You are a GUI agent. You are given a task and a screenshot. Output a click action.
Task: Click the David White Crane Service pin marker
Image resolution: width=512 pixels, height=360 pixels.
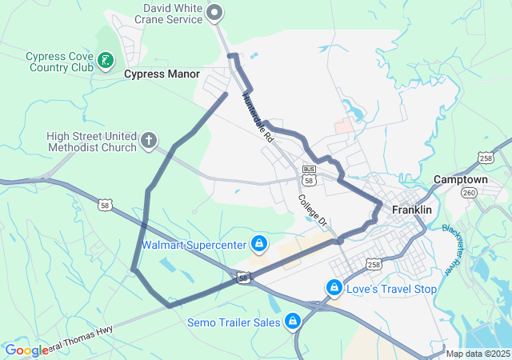pos(214,12)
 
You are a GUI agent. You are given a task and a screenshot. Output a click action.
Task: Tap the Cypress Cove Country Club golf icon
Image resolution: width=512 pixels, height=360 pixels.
pos(104,60)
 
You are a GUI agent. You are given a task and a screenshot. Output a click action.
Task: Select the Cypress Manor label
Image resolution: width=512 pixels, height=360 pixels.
pos(162,74)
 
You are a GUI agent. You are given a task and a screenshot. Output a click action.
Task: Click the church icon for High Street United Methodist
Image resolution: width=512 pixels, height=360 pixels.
pos(148,142)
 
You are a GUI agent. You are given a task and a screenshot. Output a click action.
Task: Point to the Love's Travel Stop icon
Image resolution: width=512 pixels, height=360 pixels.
pos(334,287)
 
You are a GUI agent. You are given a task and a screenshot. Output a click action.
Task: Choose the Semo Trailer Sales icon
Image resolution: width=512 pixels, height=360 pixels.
pos(292,322)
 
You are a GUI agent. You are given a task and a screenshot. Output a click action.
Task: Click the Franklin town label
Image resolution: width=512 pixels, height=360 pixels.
pos(412,210)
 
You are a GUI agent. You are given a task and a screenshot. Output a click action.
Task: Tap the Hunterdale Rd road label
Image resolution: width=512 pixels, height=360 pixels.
pos(258,117)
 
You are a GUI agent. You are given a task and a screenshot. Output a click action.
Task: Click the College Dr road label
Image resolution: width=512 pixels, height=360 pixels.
pos(314,210)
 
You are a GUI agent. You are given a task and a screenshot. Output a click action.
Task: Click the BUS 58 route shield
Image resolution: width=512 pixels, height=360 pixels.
pos(310,174)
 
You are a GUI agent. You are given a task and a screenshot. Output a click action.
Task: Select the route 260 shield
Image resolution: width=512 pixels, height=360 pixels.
pos(470,193)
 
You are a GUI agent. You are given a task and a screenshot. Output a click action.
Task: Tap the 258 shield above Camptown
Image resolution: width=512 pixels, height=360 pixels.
pos(485,158)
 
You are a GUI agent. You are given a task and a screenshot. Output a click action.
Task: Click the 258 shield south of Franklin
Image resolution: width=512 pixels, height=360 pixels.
pos(374,264)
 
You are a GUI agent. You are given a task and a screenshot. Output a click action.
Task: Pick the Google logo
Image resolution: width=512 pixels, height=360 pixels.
pos(26,350)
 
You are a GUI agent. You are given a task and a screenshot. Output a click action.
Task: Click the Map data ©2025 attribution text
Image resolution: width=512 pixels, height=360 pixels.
pos(478,354)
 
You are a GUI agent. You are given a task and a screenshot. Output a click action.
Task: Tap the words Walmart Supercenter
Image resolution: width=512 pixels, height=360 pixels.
pos(194,245)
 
